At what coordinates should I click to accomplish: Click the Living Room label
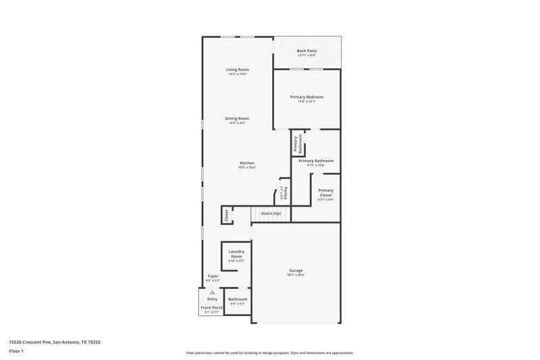(x=238, y=70)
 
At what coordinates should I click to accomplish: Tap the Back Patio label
(x=307, y=51)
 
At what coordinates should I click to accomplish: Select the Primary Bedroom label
(x=307, y=97)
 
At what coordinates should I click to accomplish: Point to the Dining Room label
(x=238, y=118)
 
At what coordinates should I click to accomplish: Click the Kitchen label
(x=247, y=163)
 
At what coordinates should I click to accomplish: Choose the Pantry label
(x=286, y=193)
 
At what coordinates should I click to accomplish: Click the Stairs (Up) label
(x=271, y=213)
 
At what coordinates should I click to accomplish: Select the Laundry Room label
(x=236, y=254)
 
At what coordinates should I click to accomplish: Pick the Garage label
(x=296, y=271)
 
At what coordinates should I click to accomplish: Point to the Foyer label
(x=213, y=276)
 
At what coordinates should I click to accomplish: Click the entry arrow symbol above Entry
(x=212, y=292)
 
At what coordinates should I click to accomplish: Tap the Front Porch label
(x=212, y=307)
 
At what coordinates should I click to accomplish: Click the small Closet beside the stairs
(x=226, y=215)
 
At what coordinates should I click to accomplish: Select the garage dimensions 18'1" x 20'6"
(x=296, y=276)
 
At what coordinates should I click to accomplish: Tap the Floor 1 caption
(x=16, y=352)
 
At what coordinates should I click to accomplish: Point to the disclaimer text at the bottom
(x=269, y=353)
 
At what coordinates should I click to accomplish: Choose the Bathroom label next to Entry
(x=238, y=299)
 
